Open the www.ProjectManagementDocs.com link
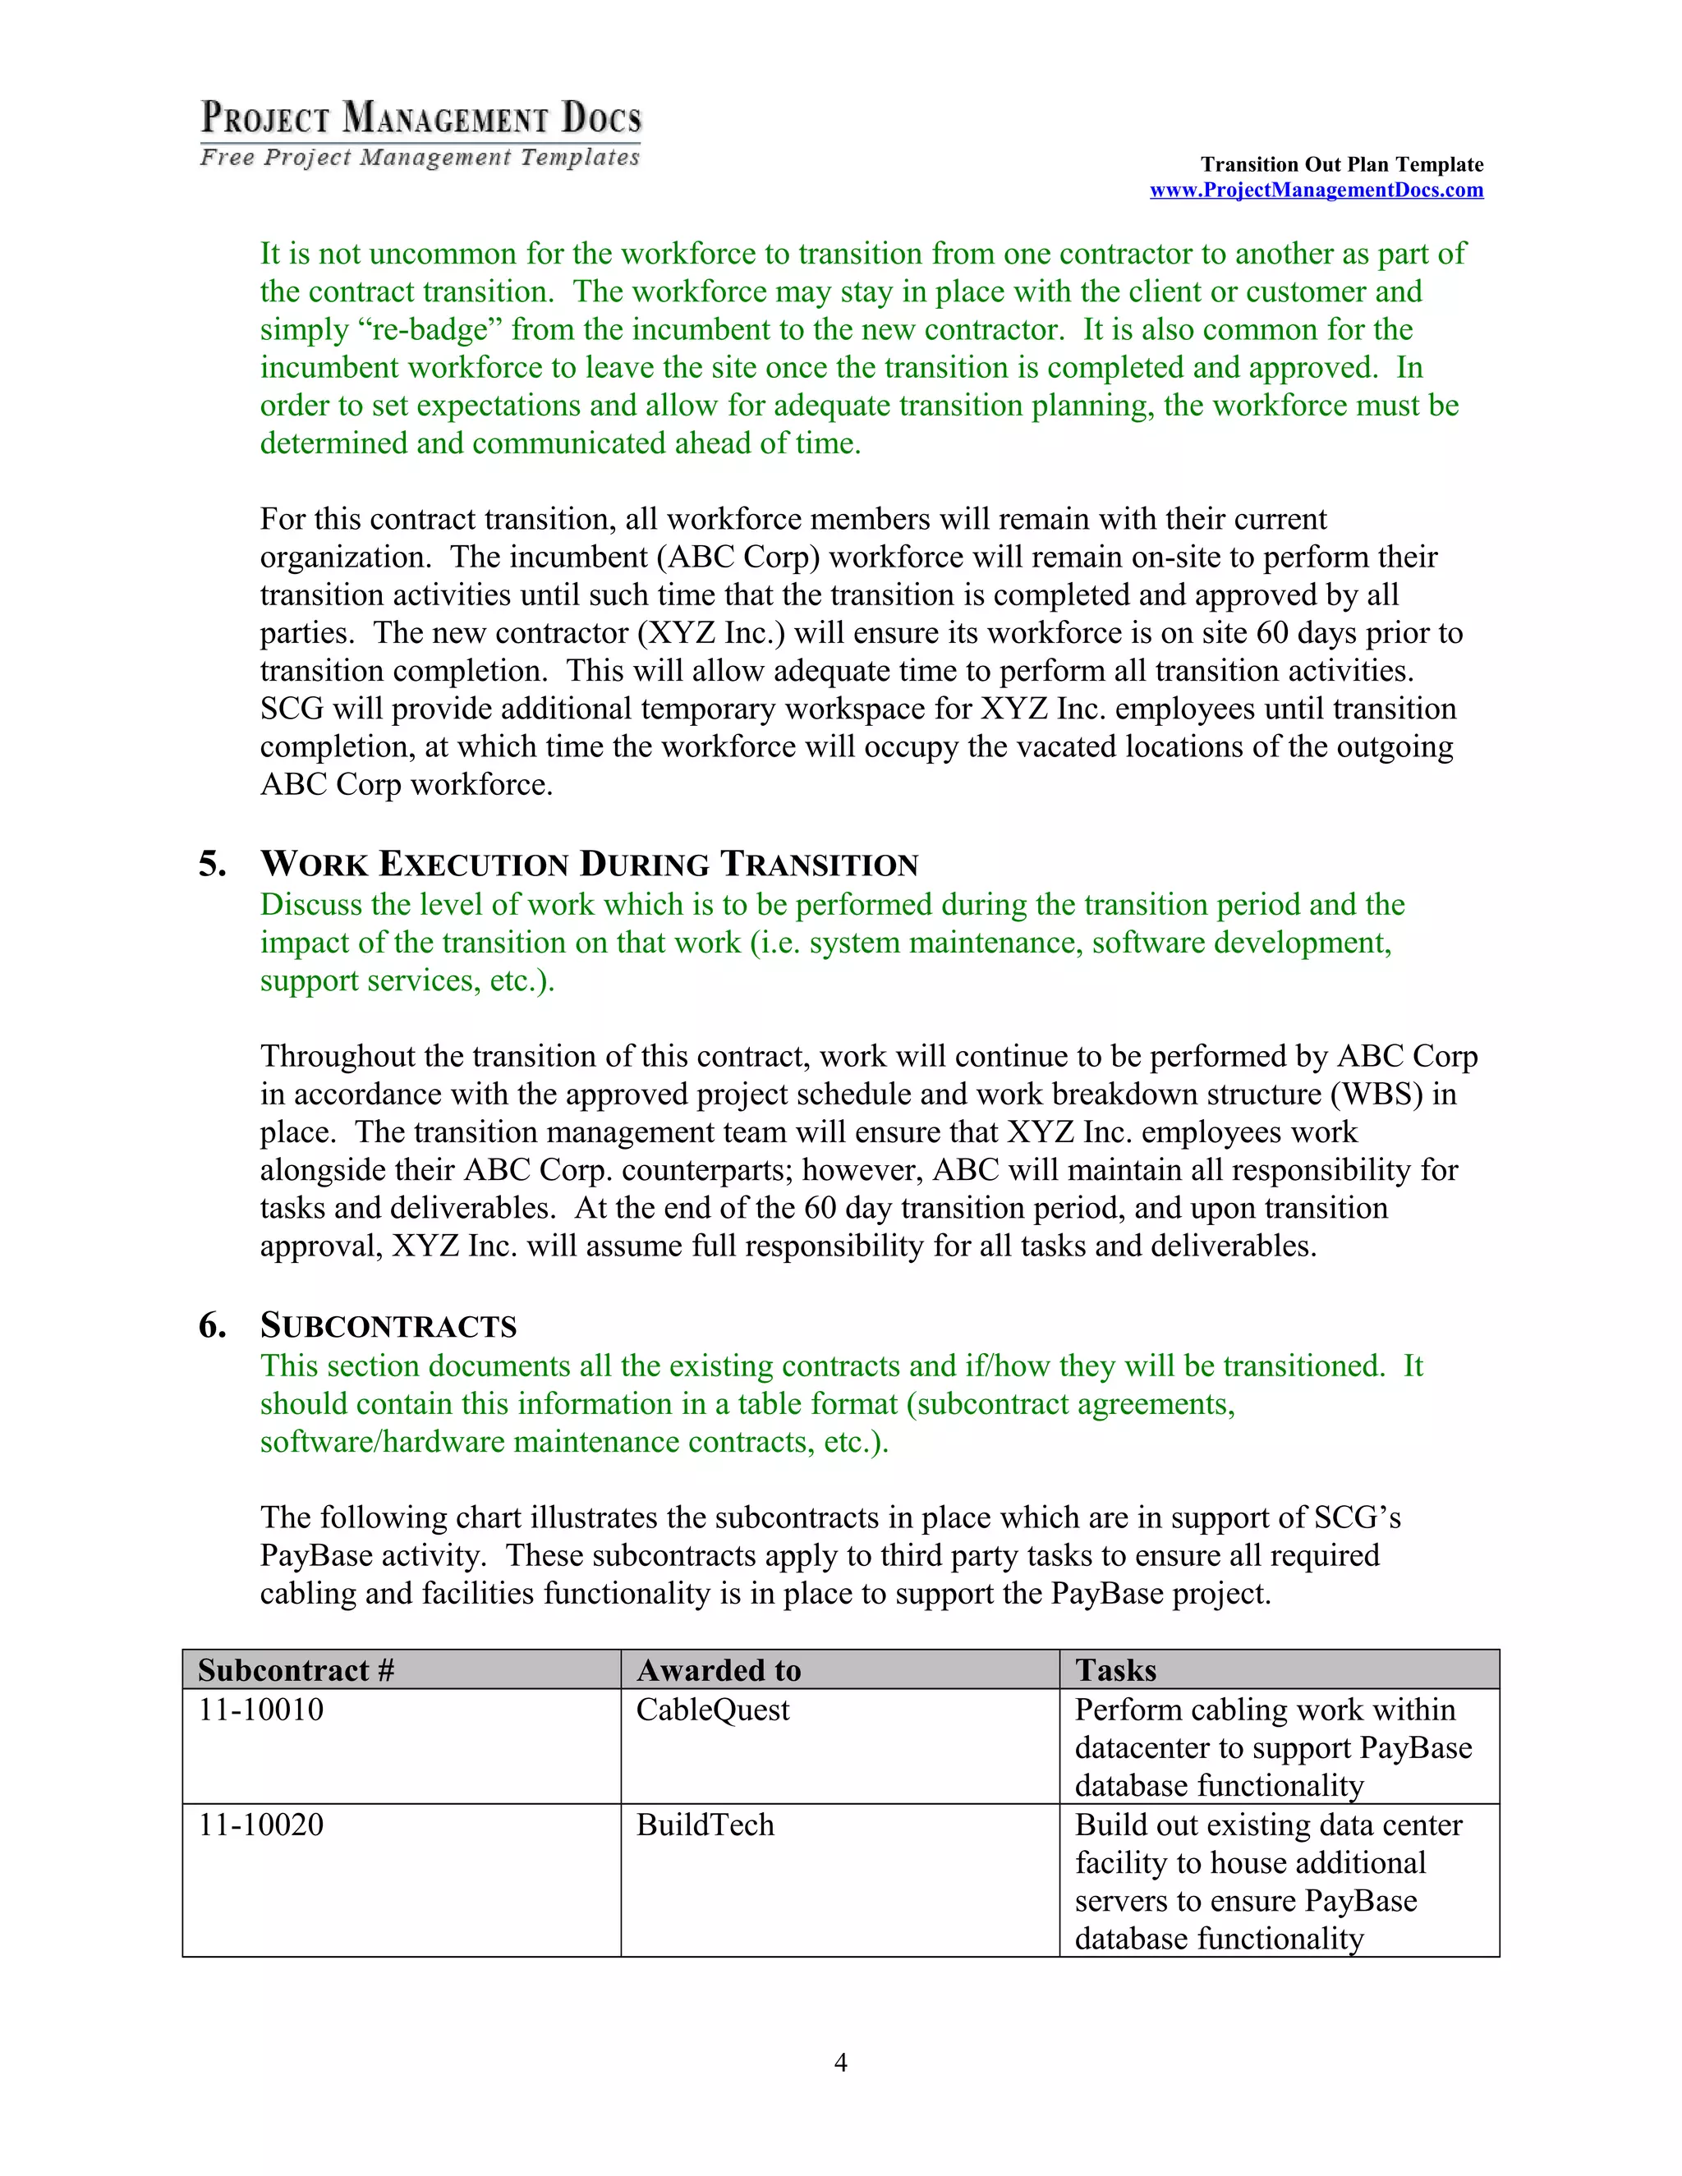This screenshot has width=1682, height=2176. [x=1316, y=191]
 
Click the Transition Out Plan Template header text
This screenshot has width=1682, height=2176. [x=1341, y=164]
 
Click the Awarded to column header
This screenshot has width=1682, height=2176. [x=719, y=1670]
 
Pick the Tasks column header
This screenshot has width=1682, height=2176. [x=1115, y=1670]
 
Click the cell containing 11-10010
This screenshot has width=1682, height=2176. [x=261, y=1710]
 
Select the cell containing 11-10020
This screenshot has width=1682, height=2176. [x=261, y=1825]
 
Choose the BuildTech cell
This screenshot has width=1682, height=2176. [x=705, y=1825]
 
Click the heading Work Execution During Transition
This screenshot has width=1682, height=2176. [x=589, y=864]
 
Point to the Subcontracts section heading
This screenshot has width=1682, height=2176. [x=388, y=1326]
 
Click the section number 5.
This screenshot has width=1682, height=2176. [x=211, y=864]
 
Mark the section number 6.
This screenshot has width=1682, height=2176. [x=211, y=1326]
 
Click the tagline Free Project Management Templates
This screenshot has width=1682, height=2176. [x=420, y=158]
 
